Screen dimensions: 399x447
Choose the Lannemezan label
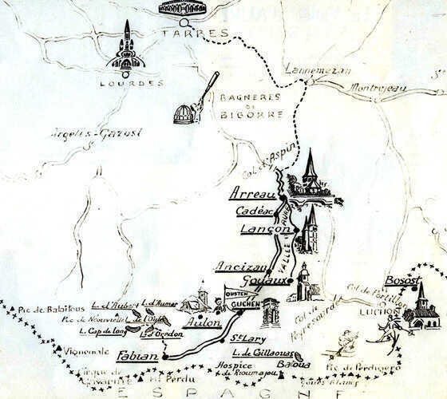point(326,72)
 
